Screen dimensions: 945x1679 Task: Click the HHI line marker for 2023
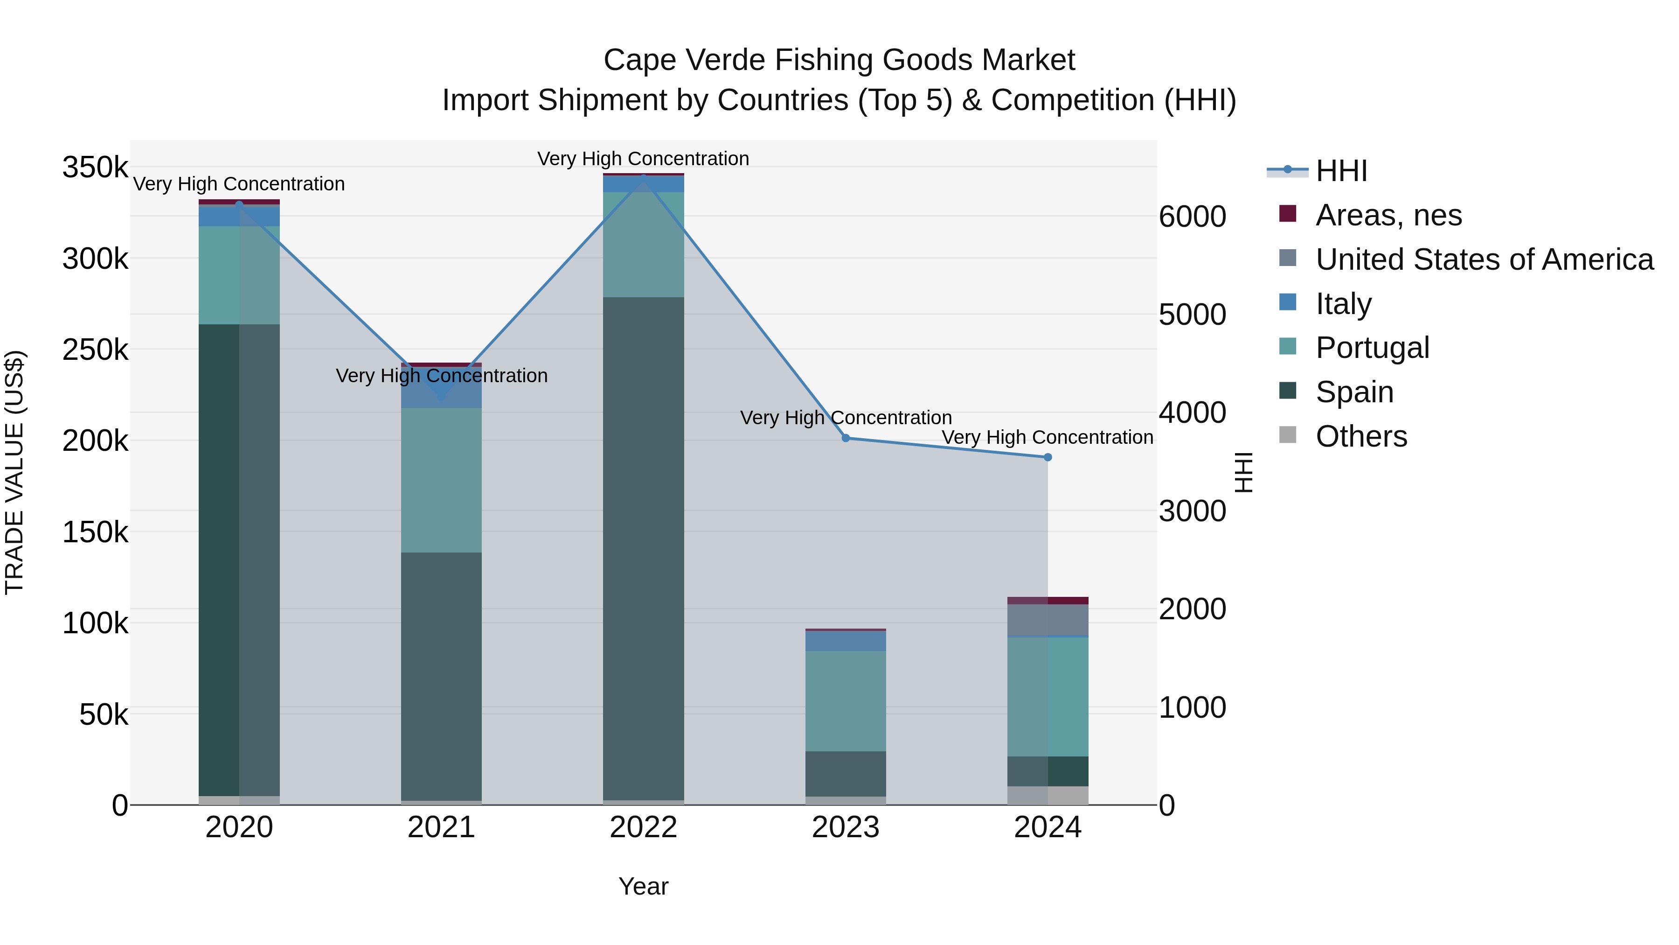pos(846,438)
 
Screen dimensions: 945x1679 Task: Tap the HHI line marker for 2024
pos(1048,458)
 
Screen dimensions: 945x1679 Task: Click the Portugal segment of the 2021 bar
pos(441,480)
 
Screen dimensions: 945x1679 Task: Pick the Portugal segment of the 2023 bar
pos(846,701)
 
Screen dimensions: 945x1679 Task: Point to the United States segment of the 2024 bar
pos(1048,620)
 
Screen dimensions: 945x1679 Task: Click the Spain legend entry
pos(1354,392)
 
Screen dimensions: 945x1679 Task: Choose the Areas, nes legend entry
pos(1388,215)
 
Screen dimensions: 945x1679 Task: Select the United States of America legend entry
pos(1484,259)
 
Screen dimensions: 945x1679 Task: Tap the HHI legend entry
pos(1341,171)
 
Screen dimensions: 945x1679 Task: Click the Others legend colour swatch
pos(1288,435)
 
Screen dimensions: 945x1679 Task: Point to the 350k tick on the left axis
pos(95,168)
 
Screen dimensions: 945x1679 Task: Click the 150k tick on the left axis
pos(95,532)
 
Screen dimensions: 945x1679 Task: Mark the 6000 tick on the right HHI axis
pos(1192,217)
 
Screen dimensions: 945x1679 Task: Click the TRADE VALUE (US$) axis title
pos(14,472)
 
